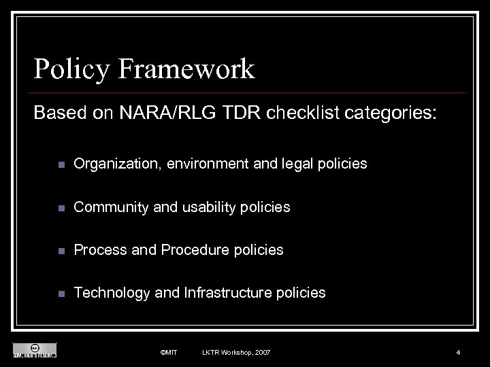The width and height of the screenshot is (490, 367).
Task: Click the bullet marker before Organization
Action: [61, 164]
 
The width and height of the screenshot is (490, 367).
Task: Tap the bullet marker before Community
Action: [61, 207]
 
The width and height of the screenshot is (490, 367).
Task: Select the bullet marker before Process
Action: [61, 251]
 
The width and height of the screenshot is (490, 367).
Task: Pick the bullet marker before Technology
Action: [61, 294]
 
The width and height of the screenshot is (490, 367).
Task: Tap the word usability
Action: [206, 207]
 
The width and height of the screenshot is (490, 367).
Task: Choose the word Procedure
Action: [192, 250]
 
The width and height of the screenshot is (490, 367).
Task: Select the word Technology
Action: [112, 293]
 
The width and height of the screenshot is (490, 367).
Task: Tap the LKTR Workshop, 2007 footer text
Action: [235, 352]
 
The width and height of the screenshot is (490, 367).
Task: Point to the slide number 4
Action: [458, 352]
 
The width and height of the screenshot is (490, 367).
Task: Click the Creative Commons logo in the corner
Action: [35, 349]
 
